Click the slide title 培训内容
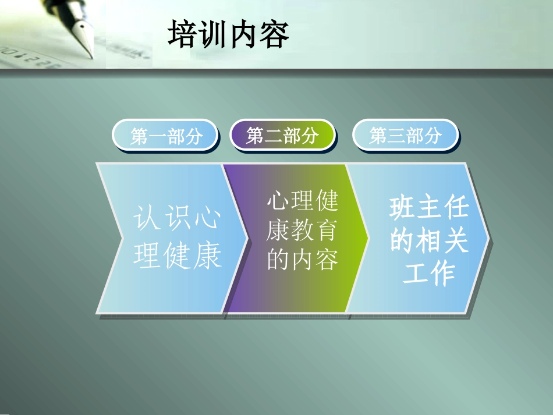(x=228, y=34)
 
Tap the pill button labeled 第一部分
(x=166, y=136)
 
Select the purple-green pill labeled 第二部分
(x=283, y=136)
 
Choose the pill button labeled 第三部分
(x=405, y=136)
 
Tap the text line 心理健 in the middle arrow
(x=302, y=203)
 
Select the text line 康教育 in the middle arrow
(x=302, y=232)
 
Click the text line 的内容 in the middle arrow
(x=302, y=260)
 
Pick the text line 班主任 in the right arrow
(x=429, y=208)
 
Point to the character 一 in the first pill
(x=157, y=136)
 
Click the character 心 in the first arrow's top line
(x=207, y=219)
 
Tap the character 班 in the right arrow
(x=403, y=208)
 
